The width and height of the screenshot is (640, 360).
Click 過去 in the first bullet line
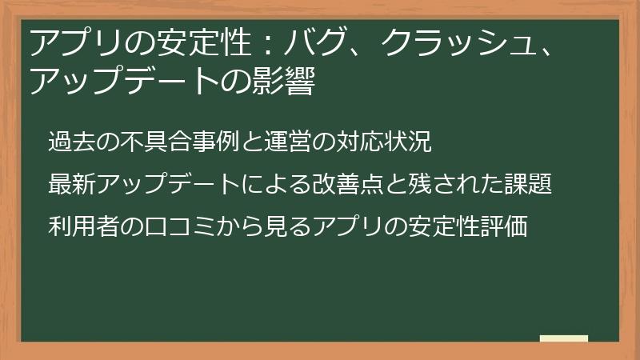point(72,142)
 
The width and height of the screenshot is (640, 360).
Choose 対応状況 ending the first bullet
point(383,142)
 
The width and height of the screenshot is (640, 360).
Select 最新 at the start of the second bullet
point(72,184)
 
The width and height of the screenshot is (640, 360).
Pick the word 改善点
point(347,184)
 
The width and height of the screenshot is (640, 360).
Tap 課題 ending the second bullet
point(528,184)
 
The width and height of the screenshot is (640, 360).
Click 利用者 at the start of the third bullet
point(84,226)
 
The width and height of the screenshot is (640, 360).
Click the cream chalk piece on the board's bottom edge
point(564,338)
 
